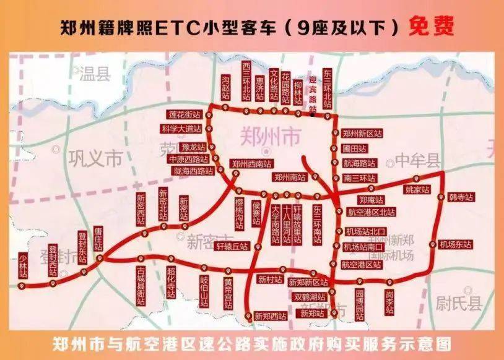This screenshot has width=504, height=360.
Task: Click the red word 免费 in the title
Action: coord(432,27)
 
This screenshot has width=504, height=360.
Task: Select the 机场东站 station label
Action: coord(455,245)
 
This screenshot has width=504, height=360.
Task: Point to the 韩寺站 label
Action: coord(461,197)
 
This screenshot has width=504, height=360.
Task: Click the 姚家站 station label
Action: coord(417,190)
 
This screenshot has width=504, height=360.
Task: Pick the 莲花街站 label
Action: coord(185,115)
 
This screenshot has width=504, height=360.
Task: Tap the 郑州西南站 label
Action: coord(252,164)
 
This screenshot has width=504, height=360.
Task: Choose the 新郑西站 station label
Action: coord(272,315)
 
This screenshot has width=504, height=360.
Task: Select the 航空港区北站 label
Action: coord(371,212)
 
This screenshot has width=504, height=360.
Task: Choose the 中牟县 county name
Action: coord(417,160)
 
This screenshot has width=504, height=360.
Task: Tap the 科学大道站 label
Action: coord(181,129)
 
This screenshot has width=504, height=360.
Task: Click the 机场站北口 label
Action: coord(365,231)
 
